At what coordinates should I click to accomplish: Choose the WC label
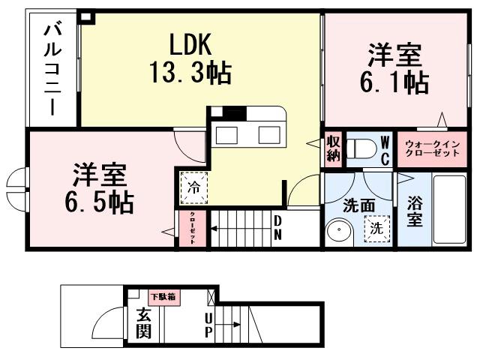[384, 149]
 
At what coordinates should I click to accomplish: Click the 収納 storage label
[333, 148]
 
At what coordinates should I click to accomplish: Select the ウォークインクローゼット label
[430, 148]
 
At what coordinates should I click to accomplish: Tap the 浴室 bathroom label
[414, 211]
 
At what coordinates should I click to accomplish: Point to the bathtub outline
[452, 209]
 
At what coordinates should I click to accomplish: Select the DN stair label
[277, 226]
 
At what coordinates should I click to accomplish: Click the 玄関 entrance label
[143, 323]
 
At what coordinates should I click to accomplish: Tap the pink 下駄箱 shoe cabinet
[162, 296]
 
